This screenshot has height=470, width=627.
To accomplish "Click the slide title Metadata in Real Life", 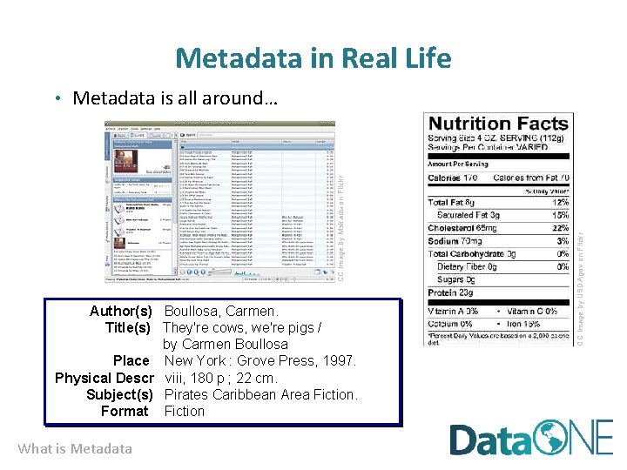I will (x=313, y=58).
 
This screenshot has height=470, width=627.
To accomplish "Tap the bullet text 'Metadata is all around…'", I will (x=175, y=98).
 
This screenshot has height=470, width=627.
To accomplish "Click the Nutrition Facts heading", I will (x=498, y=124).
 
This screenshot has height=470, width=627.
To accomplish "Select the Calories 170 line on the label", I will (x=454, y=178).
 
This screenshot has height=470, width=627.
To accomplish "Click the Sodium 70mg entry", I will (x=455, y=241).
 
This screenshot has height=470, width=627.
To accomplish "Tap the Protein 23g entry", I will (x=451, y=293).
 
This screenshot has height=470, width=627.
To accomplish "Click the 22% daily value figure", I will (x=561, y=227).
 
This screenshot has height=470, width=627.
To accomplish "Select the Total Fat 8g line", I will (x=451, y=202).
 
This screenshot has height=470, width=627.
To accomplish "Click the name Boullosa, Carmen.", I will (x=221, y=311).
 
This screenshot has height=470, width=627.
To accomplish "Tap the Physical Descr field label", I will (x=104, y=378).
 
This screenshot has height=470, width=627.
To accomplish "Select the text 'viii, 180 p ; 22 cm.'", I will (x=221, y=378).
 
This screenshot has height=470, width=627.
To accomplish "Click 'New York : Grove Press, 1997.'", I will (x=260, y=360).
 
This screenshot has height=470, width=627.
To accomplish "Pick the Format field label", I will (x=125, y=411).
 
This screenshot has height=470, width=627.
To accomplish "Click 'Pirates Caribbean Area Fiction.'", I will (x=260, y=394).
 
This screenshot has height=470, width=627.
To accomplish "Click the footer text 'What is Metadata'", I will (x=75, y=449).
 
